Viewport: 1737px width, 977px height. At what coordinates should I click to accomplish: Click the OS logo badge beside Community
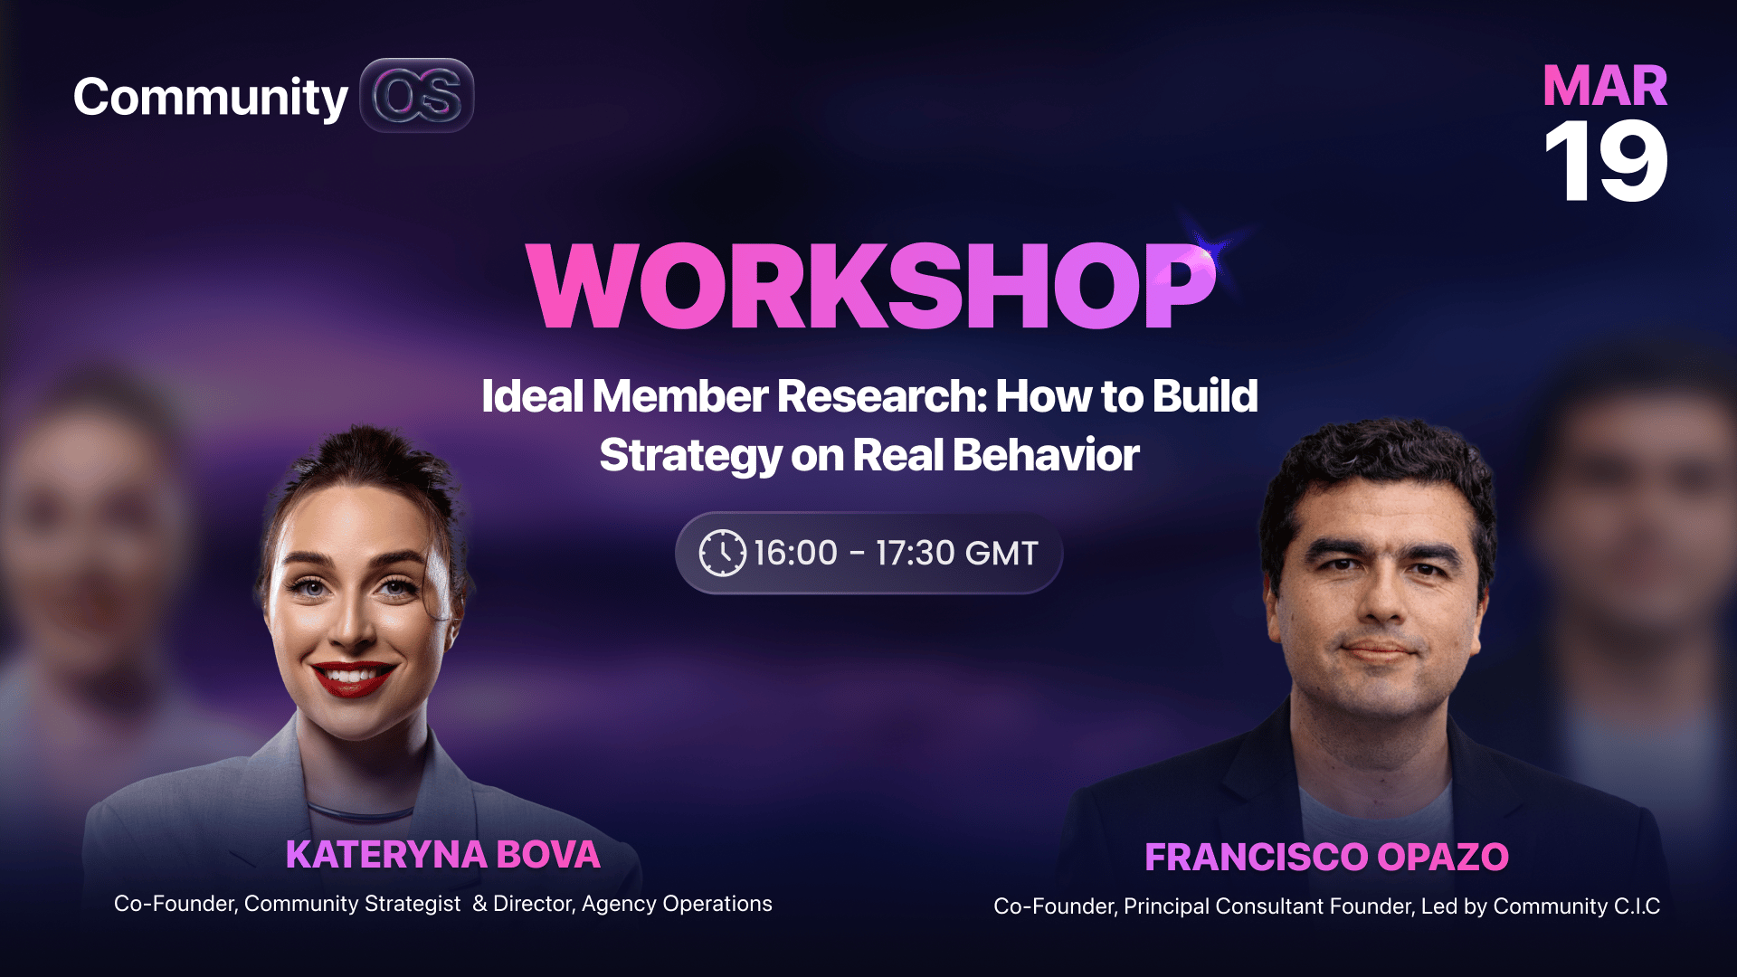coord(417,95)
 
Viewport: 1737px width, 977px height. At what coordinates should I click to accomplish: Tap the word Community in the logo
coord(210,98)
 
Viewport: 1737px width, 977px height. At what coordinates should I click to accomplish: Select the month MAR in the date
coord(1605,86)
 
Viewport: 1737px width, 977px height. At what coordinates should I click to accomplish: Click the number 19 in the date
coord(1606,161)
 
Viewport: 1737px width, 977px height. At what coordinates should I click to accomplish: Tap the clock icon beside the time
coord(722,553)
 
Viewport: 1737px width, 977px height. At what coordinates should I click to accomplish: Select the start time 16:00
coord(795,553)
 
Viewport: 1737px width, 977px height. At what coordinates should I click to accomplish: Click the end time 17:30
coord(915,553)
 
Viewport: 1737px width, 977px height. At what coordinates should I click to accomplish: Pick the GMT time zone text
coord(1001,553)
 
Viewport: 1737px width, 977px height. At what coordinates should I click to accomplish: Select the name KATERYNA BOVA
coord(443,855)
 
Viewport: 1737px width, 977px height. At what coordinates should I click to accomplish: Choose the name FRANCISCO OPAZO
coord(1326,857)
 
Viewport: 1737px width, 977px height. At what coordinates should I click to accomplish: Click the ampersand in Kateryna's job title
coord(479,904)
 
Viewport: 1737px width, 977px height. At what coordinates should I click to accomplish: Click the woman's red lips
coord(353,678)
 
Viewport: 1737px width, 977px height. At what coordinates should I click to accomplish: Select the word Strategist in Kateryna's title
coord(412,904)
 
